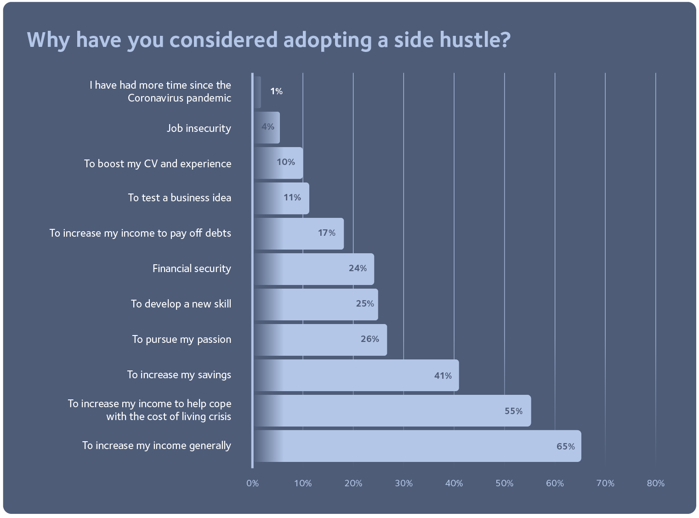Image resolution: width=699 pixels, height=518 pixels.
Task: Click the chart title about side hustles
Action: click(269, 40)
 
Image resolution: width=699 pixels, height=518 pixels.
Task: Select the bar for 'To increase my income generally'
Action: click(417, 446)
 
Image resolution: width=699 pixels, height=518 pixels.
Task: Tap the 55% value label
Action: click(513, 411)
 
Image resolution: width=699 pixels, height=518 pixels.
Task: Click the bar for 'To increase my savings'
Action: click(356, 375)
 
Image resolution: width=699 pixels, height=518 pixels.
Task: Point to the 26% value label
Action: click(369, 339)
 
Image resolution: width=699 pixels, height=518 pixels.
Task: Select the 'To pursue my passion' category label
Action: click(182, 339)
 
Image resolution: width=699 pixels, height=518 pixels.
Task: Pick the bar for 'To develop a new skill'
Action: click(316, 304)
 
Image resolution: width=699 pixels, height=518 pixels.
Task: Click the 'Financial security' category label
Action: click(192, 268)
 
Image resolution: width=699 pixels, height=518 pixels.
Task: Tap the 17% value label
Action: click(326, 233)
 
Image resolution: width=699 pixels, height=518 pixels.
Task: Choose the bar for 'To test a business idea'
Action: click(281, 198)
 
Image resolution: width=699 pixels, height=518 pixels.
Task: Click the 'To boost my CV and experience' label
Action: click(158, 164)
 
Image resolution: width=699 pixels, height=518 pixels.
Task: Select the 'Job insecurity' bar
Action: click(267, 127)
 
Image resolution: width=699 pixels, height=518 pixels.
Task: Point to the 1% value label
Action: click(276, 91)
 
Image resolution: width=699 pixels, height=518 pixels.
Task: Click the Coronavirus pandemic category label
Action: click(160, 91)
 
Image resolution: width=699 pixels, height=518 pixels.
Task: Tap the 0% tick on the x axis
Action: click(252, 483)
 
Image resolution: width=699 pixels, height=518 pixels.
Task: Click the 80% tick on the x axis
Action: click(655, 483)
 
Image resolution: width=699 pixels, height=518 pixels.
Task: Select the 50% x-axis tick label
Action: click(504, 483)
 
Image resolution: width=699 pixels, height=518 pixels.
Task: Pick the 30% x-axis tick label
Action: click(403, 483)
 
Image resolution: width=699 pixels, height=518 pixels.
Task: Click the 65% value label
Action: click(565, 446)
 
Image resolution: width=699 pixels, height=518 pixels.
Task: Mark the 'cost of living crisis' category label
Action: click(149, 410)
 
